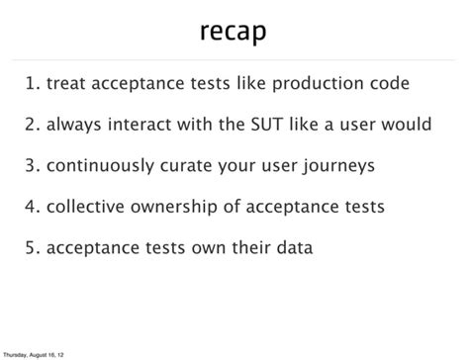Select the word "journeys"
coord(338,165)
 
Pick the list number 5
coord(32,247)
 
